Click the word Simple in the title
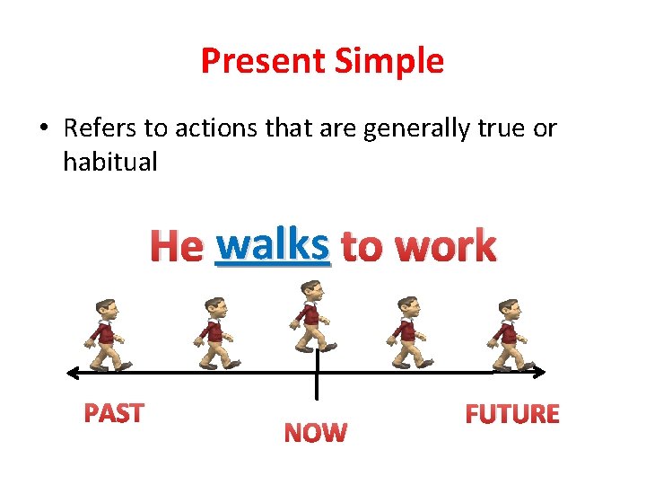point(390,61)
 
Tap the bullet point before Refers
point(43,128)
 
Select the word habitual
point(109,163)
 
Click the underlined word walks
point(274,245)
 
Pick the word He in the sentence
point(176,246)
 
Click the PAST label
point(114,413)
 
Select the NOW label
point(315,434)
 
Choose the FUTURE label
point(512,414)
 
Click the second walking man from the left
point(214,333)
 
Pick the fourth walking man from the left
point(409,333)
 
